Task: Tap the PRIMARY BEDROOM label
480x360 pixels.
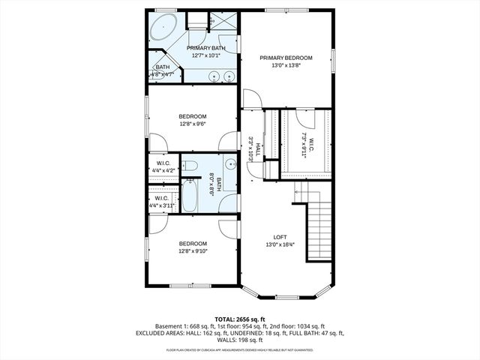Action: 286,58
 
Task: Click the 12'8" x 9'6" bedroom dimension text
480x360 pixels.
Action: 193,124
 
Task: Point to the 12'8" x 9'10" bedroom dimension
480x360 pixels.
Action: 193,252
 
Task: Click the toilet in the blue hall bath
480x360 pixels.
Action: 190,166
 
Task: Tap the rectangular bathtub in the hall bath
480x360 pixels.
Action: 190,196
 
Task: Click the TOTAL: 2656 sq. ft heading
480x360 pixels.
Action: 239,319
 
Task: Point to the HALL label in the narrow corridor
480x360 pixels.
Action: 257,149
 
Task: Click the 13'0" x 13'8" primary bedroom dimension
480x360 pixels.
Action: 286,66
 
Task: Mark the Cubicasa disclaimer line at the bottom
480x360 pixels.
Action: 239,350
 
